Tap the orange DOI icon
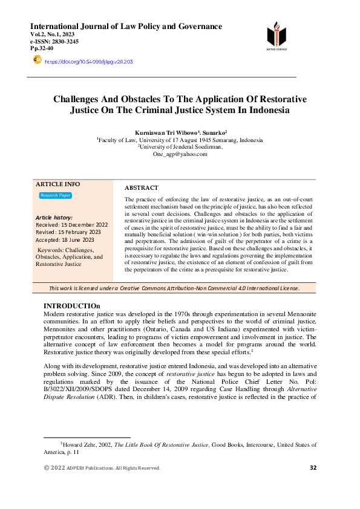point(38,60)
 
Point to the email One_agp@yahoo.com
point(180,154)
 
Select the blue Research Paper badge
point(56,195)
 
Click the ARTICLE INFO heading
point(57,184)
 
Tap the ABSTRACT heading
point(141,188)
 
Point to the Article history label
point(54,217)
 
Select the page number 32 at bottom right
point(313,467)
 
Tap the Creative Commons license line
point(174,288)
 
